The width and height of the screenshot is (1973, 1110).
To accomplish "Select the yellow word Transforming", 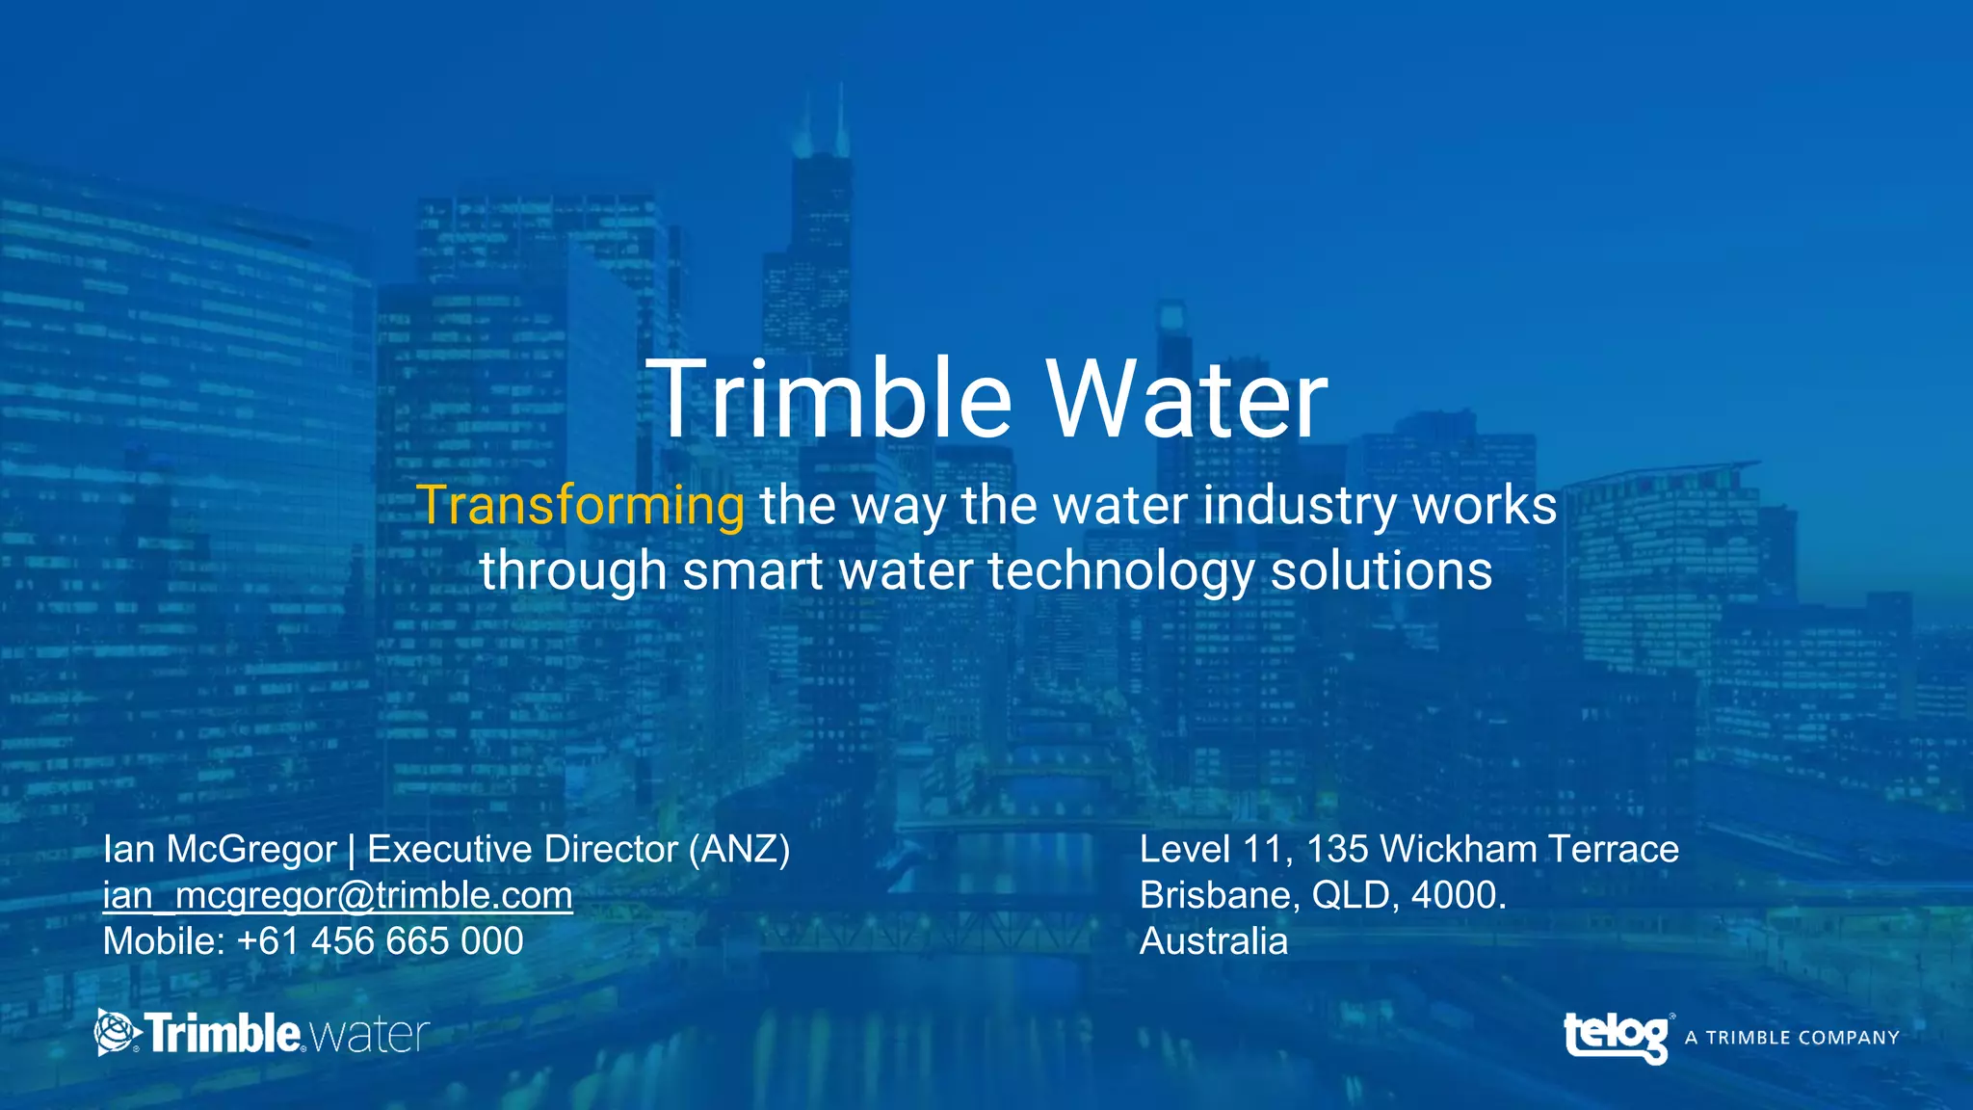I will (x=580, y=505).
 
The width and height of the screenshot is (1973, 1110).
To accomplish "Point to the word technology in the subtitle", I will (x=1121, y=570).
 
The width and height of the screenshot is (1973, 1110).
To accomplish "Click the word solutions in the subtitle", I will (x=1381, y=570).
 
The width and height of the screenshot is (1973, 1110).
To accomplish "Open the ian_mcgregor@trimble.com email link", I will (x=337, y=895).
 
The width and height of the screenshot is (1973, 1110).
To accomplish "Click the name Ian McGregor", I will (x=220, y=849).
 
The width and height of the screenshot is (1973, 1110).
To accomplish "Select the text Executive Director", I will (x=522, y=849).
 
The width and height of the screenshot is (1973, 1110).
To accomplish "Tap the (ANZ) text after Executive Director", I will (x=739, y=849).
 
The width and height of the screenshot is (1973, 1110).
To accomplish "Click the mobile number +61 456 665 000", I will (x=380, y=941).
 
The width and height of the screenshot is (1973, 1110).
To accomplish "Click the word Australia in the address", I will (x=1213, y=941).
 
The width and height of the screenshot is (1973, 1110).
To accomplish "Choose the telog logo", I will (x=1617, y=1037).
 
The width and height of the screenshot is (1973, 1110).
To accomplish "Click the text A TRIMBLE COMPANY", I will (x=1792, y=1038).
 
